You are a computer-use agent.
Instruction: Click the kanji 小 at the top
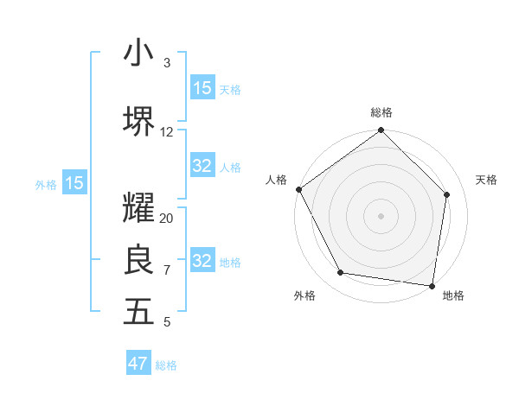[138, 54]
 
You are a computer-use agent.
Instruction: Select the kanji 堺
[138, 122]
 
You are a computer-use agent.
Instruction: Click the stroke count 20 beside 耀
[167, 219]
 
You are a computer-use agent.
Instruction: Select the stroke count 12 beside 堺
[167, 132]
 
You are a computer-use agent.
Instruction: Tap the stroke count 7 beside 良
[167, 270]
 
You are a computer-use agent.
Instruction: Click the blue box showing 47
[138, 364]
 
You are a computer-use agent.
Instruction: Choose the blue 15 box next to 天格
[202, 88]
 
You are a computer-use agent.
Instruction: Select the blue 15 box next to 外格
[74, 183]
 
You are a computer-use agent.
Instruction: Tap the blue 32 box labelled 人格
[202, 166]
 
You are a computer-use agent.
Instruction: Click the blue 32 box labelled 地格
[202, 261]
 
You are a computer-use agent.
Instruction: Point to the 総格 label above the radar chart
[381, 112]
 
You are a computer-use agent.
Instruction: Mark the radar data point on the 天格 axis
[447, 194]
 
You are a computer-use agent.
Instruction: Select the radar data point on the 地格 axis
[432, 285]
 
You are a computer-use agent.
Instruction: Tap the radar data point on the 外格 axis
[341, 273]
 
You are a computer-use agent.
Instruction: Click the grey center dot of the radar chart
[381, 215]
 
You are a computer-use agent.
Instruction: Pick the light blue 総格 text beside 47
[166, 365]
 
